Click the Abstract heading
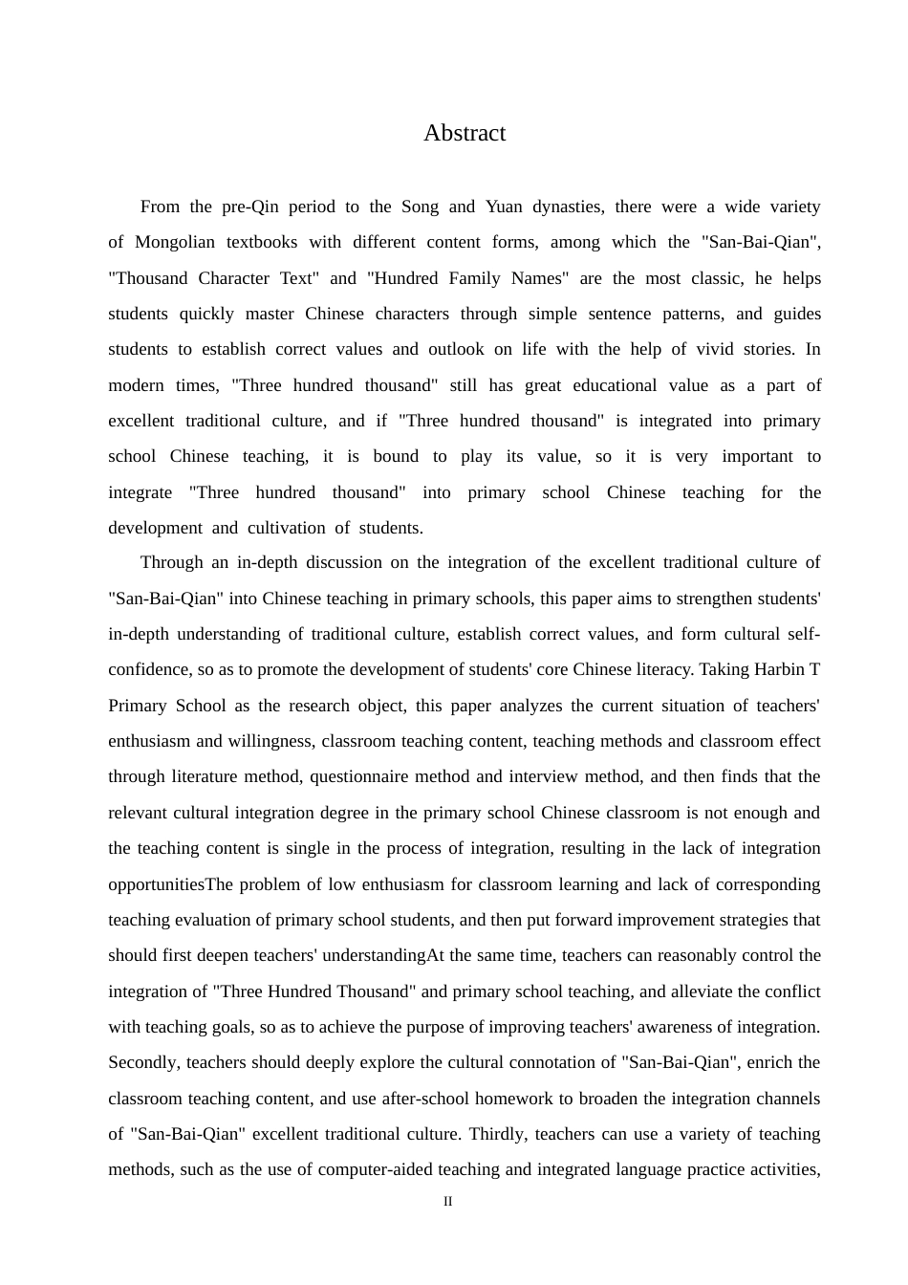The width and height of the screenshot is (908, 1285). pyautogui.click(x=465, y=133)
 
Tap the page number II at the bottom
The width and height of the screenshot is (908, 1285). pyautogui.click(x=447, y=1201)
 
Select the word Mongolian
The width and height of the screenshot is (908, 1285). pyautogui.click(x=175, y=242)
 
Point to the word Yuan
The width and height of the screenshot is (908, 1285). pyautogui.click(x=504, y=207)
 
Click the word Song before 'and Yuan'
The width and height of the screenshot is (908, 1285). pyautogui.click(x=420, y=207)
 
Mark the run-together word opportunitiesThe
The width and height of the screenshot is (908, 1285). pyautogui.click(x=170, y=884)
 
